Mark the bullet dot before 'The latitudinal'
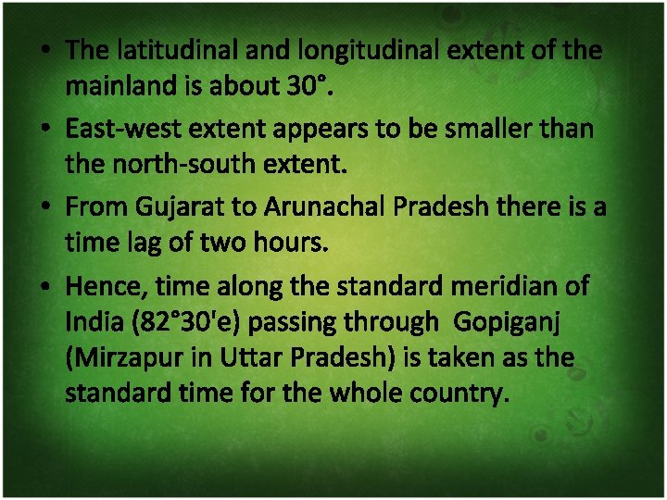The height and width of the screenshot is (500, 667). coord(45,51)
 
